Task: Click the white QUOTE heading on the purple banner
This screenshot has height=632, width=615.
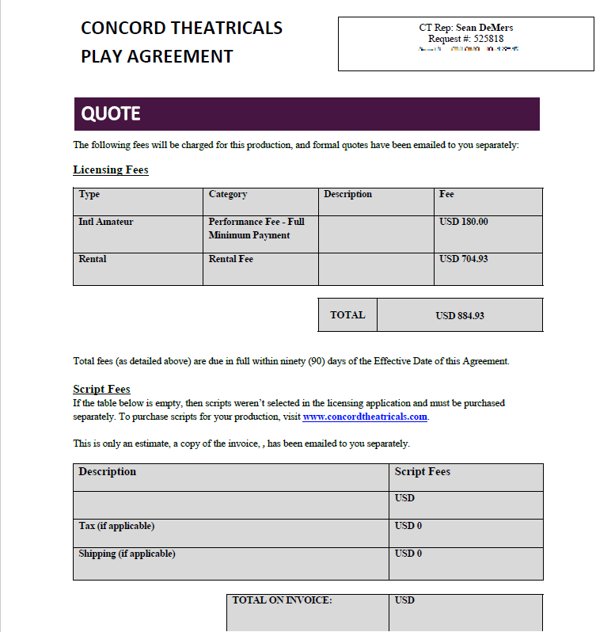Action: click(111, 114)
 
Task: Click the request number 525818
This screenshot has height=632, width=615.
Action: click(488, 39)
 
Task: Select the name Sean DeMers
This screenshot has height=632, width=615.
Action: click(484, 28)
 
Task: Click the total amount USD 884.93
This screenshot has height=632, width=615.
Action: click(460, 315)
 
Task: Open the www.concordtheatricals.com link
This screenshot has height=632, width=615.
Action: click(365, 417)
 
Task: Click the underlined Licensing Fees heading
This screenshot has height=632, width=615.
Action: click(111, 170)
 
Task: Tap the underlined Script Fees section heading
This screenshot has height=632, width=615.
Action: click(101, 389)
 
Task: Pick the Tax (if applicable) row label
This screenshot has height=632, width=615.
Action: click(116, 526)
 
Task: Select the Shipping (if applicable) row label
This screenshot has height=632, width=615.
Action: click(127, 554)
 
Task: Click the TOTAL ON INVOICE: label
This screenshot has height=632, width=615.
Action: click(282, 600)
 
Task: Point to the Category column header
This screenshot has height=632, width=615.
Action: click(228, 194)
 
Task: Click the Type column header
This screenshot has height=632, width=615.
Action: click(89, 194)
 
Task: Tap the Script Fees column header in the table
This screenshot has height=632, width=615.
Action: click(423, 472)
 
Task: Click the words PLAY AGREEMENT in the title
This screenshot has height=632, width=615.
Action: click(157, 57)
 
